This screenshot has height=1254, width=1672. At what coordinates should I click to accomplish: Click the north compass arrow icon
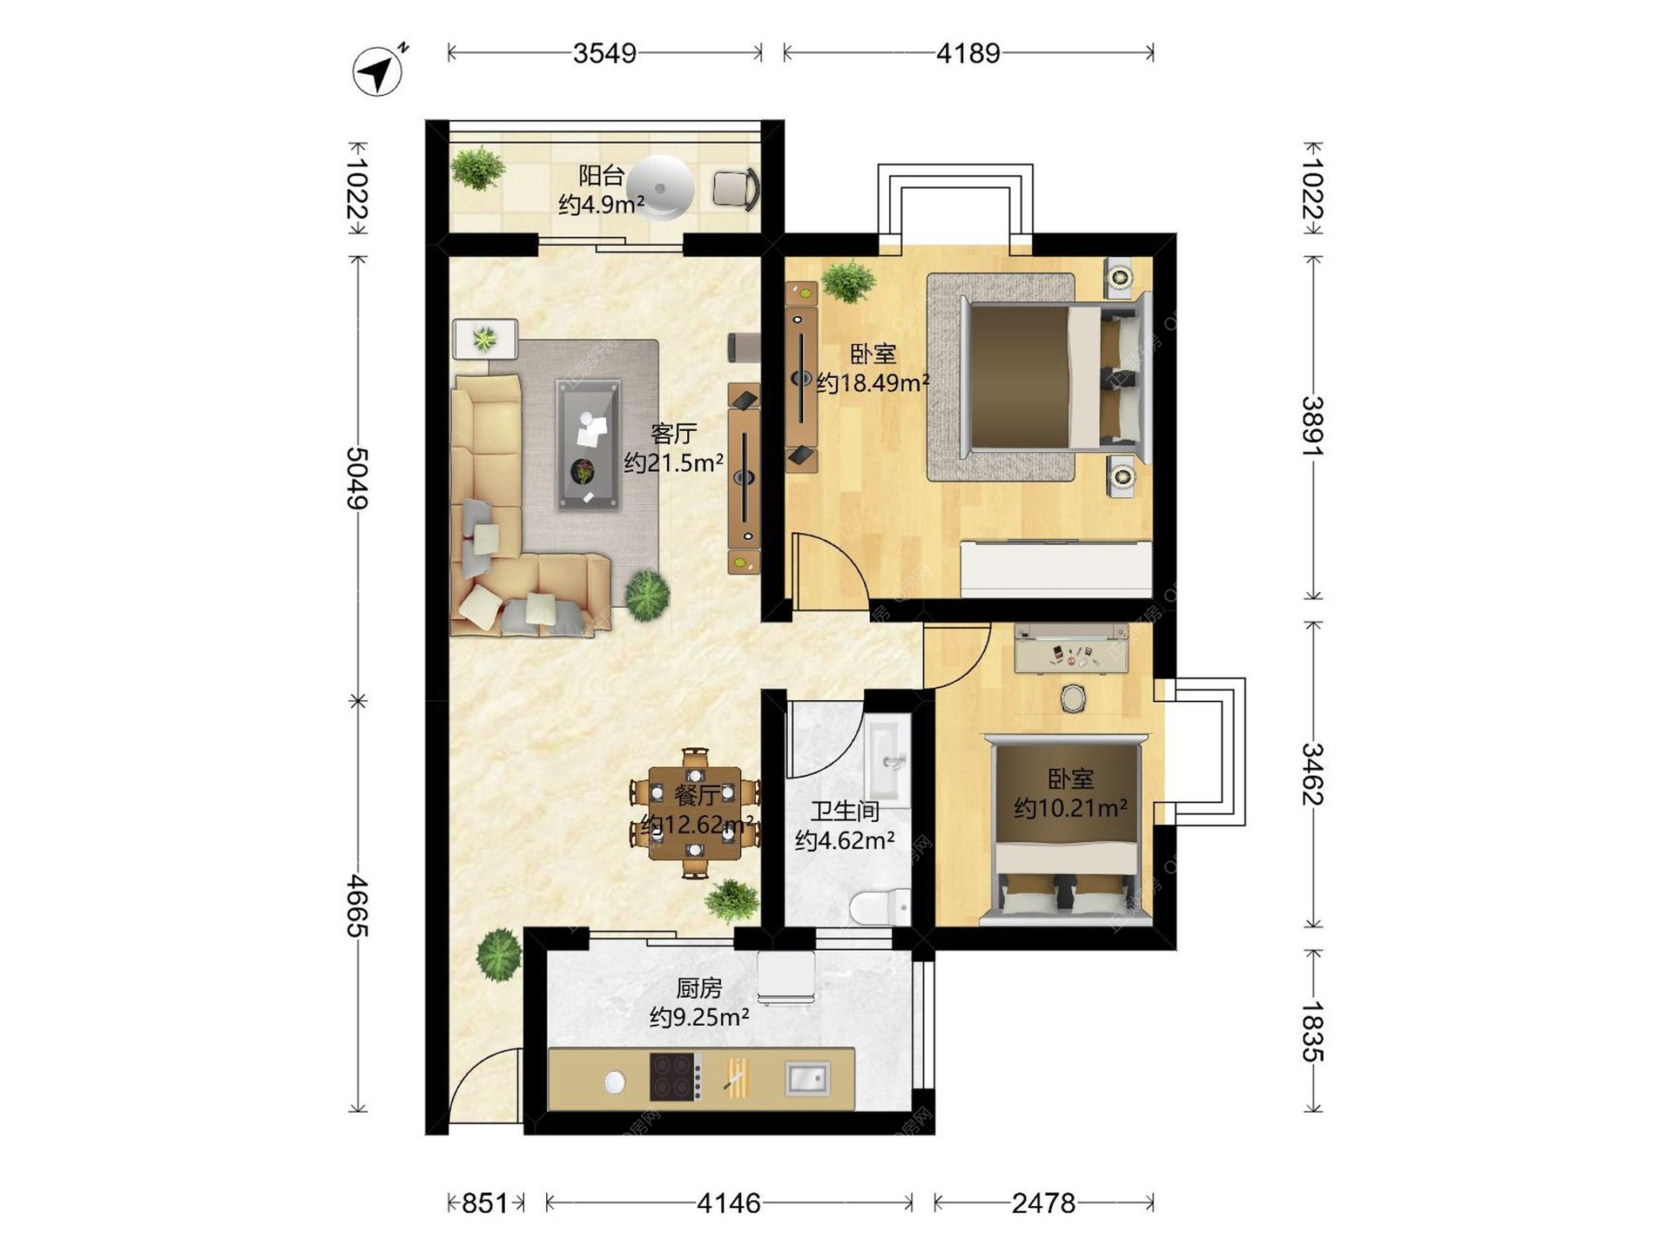pyautogui.click(x=379, y=70)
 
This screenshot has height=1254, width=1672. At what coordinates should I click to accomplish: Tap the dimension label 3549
pyautogui.click(x=604, y=53)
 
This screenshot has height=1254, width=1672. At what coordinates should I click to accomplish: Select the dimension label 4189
pyautogui.click(x=967, y=53)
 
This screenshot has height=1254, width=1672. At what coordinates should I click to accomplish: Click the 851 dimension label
pyautogui.click(x=484, y=1203)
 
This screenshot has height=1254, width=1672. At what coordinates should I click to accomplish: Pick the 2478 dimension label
pyautogui.click(x=1043, y=1203)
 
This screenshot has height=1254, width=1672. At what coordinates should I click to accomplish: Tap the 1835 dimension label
pyautogui.click(x=1312, y=1032)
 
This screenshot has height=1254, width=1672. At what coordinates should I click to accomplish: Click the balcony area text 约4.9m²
pyautogui.click(x=601, y=205)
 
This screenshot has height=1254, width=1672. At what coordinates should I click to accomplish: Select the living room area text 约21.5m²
pyautogui.click(x=673, y=462)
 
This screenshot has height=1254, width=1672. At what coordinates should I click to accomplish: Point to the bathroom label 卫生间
pyautogui.click(x=845, y=812)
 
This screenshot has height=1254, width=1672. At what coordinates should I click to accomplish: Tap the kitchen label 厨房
pyautogui.click(x=699, y=988)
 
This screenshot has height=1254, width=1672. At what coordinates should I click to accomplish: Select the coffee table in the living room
pyautogui.click(x=589, y=444)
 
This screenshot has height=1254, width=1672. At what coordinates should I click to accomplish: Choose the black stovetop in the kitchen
pyautogui.click(x=676, y=1077)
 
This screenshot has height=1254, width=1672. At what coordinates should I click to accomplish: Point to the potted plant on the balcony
pyautogui.click(x=477, y=169)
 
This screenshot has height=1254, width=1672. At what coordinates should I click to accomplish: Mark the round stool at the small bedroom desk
pyautogui.click(x=1072, y=698)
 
